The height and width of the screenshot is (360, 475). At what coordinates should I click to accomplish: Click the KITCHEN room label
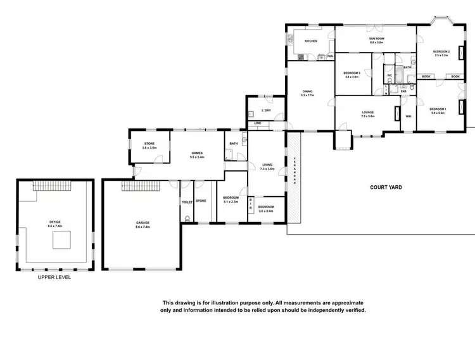[x=310, y=42]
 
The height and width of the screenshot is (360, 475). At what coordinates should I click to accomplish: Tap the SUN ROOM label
[x=377, y=39]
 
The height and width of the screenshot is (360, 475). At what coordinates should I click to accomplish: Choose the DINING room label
[x=308, y=92]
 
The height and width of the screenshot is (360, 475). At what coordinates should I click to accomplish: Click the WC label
[x=390, y=75]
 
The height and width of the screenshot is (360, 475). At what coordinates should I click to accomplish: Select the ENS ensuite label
[x=403, y=91]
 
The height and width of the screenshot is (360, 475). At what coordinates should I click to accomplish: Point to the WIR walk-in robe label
[x=408, y=116]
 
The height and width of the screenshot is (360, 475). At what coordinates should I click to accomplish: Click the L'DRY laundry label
[x=266, y=111]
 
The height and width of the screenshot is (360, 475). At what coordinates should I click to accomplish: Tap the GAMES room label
[x=197, y=154]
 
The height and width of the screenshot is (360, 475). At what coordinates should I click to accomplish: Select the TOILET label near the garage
[x=187, y=202]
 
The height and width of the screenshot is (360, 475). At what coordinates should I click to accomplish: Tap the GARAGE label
[x=142, y=223]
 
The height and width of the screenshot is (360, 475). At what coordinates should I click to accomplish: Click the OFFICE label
[x=54, y=222]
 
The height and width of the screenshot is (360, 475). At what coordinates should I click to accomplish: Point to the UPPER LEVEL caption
[x=54, y=277]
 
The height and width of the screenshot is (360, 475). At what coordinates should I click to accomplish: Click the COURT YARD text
[x=386, y=187]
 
